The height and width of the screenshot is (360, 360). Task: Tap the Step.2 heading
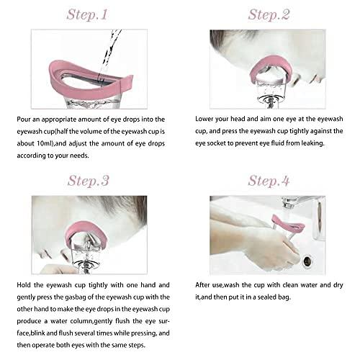269,14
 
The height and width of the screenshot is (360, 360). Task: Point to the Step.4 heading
269,180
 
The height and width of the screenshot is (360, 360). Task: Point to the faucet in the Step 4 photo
295,202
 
